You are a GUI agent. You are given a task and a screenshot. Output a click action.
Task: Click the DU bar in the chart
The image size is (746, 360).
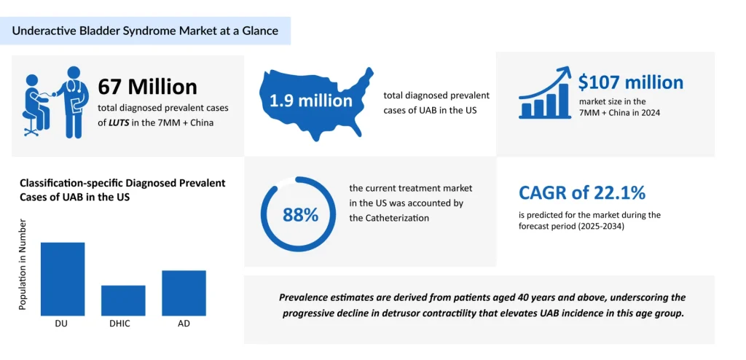click(x=63, y=278)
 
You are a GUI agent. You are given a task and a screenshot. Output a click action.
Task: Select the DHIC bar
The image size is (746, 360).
click(x=123, y=300)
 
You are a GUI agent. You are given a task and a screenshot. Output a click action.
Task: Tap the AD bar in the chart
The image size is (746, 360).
click(x=184, y=293)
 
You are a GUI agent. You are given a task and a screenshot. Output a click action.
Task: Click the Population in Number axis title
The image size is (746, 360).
click(x=23, y=264)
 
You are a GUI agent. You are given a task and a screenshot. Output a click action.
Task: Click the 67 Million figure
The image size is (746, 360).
click(x=148, y=87)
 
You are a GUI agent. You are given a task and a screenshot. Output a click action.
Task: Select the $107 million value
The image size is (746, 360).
click(x=631, y=82)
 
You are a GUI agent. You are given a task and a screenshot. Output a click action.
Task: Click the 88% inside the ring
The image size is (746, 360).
click(x=301, y=215)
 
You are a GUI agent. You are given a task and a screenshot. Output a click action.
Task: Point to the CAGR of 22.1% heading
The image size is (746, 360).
click(x=582, y=193)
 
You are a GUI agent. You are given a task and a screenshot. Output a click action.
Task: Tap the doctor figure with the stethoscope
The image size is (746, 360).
click(x=74, y=101)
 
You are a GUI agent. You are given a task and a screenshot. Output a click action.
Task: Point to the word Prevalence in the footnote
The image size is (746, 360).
click(x=306, y=297)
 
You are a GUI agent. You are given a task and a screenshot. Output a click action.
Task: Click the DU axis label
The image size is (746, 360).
click(x=63, y=323)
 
